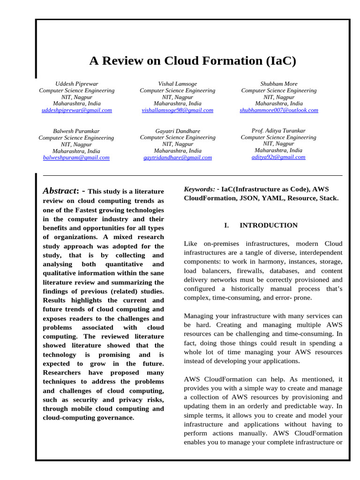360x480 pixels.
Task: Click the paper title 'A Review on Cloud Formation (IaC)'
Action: coord(193,61)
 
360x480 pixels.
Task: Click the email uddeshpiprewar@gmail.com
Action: coord(77,110)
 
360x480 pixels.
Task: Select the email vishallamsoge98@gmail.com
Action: coord(177,110)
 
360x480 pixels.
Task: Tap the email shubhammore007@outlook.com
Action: coord(279,110)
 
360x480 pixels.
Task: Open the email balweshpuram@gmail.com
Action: coord(76,158)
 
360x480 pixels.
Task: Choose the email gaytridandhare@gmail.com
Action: coord(177,158)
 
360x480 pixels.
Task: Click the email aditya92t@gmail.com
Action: coord(278,157)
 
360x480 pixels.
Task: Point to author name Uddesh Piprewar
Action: coord(77,84)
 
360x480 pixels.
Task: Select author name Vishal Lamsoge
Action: coord(177,84)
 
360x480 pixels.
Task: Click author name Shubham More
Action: coord(279,84)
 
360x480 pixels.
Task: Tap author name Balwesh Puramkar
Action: coord(76,131)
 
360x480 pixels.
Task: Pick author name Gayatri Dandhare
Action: coord(178,131)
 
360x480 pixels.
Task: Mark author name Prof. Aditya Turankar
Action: coord(278,130)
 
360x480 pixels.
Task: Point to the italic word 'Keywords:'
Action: coord(200,189)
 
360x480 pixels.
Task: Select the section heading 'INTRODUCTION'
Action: coord(269,225)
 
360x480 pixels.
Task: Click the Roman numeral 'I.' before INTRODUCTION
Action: coord(226,225)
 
